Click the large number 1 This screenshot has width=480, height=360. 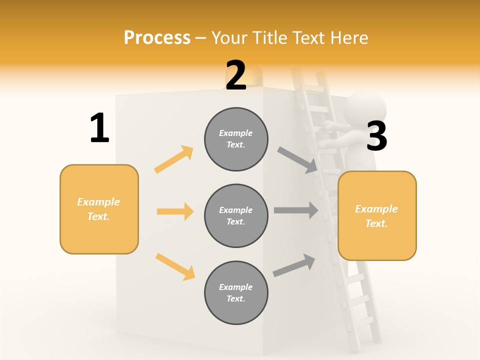coord(99,128)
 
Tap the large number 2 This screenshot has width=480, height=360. coord(236,75)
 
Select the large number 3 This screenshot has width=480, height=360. coord(377,136)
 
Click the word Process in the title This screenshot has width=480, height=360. coord(157,37)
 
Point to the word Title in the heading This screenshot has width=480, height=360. coord(269,37)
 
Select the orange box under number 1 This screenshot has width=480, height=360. coord(99,209)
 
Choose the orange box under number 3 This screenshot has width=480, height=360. coord(377,215)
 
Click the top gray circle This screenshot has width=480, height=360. coord(236,139)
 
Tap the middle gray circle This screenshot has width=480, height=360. coord(236,215)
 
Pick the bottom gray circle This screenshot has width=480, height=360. coord(236,292)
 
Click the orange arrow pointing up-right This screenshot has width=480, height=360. coord(174,159)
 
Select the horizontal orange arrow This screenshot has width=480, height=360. coord(175,211)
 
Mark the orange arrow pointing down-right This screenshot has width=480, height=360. coord(175,266)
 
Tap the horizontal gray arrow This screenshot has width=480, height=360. coord(296,210)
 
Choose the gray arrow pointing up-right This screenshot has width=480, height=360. coord(294,265)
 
